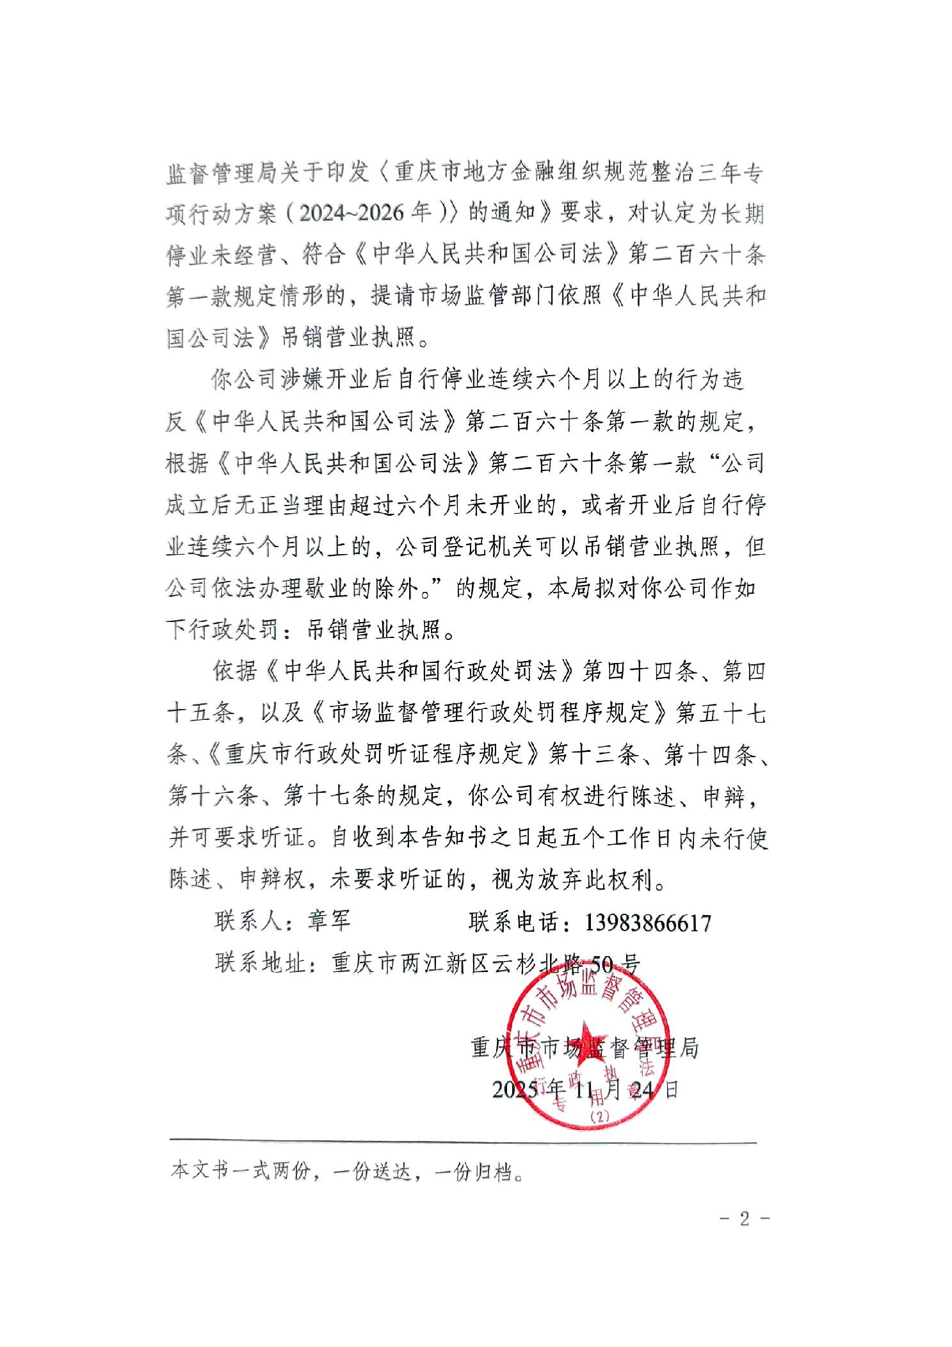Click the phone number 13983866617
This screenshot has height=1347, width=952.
click(x=647, y=923)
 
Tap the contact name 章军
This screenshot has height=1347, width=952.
click(x=329, y=921)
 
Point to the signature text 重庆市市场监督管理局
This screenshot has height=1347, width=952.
click(x=584, y=1048)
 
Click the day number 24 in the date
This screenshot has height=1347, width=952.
click(x=642, y=1089)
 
